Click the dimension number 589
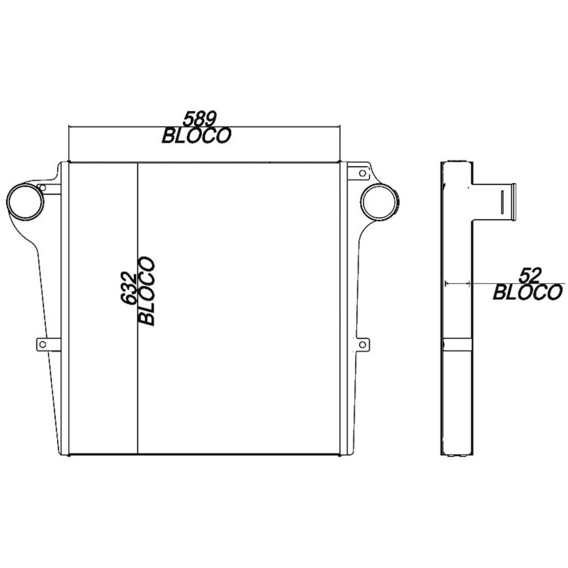pos(199,119)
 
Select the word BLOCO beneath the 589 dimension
pos(196,136)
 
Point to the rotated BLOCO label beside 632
pos(147,291)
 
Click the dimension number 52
pos(529,276)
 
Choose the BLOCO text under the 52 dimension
pos(527,293)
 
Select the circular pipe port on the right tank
pos(379,203)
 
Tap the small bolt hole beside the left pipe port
pos(42,187)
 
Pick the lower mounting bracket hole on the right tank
pos(362,344)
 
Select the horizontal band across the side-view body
pos(457,344)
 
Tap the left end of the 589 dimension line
pos(69,127)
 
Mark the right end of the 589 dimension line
pos(340,127)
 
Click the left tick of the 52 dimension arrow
pos(447,282)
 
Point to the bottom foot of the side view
pos(457,454)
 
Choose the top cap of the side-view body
pos(457,162)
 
